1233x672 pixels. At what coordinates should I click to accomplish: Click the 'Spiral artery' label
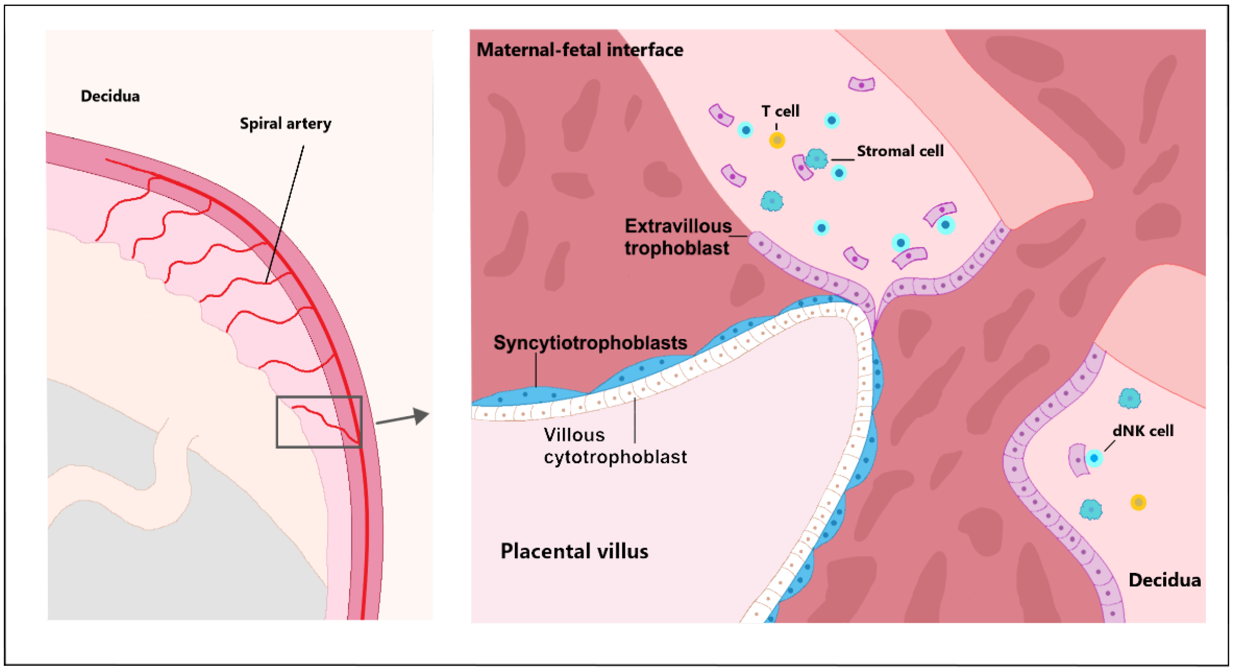click(x=285, y=124)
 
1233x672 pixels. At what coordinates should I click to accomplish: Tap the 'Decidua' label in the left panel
click(x=110, y=96)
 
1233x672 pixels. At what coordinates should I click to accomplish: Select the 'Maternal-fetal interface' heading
click(x=580, y=50)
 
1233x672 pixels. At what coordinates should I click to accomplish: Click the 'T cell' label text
click(x=780, y=111)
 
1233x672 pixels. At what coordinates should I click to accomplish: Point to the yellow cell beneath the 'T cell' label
click(x=777, y=140)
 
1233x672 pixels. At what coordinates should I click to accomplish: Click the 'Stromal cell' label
click(x=900, y=151)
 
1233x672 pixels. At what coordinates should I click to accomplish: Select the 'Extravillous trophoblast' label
click(x=678, y=237)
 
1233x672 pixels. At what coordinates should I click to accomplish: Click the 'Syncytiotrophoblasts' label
click(x=590, y=343)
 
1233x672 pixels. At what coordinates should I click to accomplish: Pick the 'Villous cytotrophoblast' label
click(x=615, y=446)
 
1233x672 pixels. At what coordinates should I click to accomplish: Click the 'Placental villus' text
click(x=574, y=551)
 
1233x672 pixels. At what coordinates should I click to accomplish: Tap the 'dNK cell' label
click(x=1143, y=431)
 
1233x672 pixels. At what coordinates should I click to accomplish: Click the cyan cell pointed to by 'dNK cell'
click(x=1094, y=458)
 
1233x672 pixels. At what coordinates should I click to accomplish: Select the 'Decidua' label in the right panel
click(x=1165, y=581)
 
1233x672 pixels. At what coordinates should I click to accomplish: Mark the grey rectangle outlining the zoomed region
click(x=319, y=397)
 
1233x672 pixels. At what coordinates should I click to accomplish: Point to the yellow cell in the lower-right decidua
click(x=1138, y=502)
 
